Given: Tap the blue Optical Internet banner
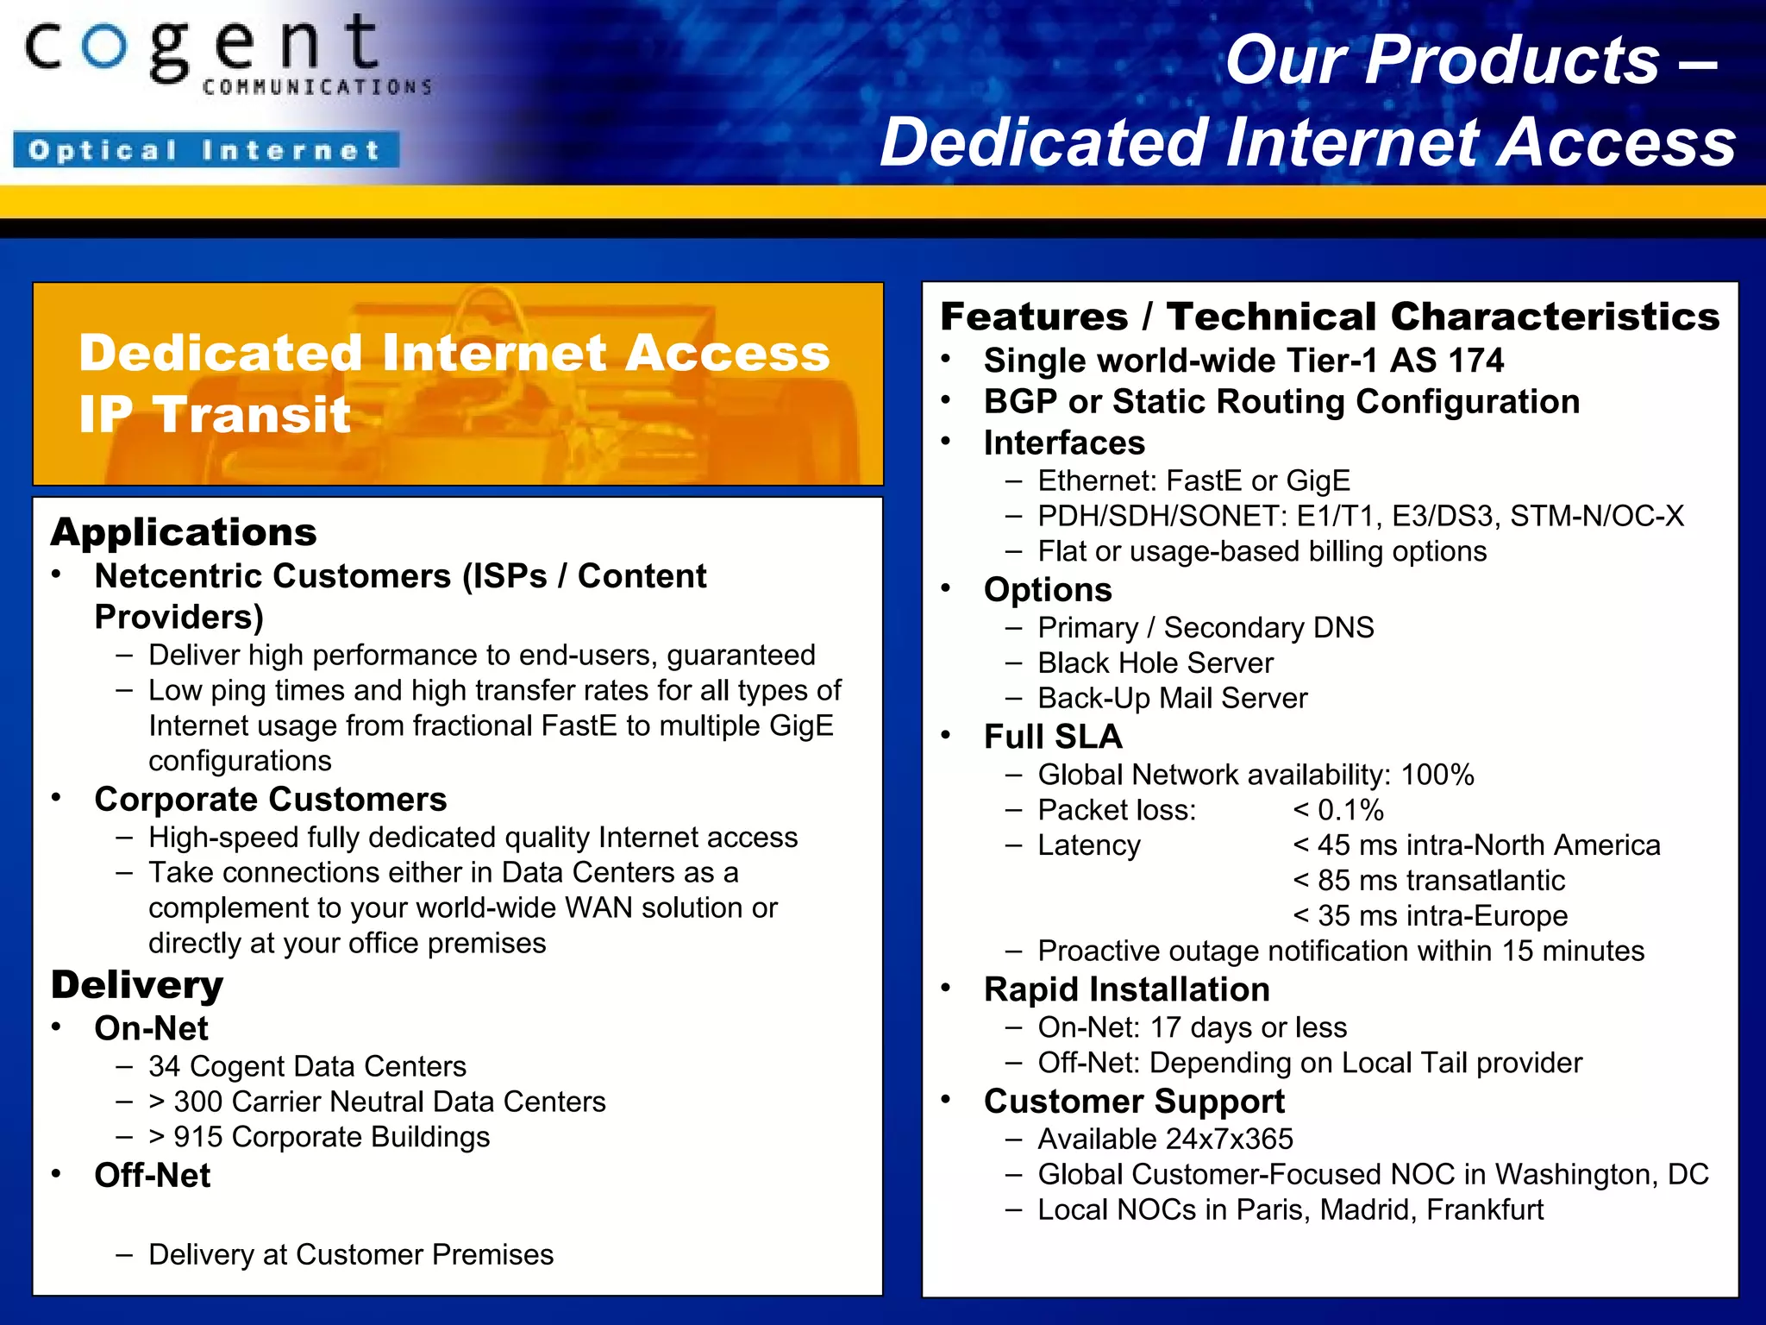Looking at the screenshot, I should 205,150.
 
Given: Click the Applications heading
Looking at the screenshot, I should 184,532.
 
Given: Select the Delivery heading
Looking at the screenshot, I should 137,985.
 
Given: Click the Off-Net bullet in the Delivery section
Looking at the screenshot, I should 153,1176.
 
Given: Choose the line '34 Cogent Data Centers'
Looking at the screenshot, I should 307,1067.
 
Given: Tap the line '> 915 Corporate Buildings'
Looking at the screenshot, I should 319,1138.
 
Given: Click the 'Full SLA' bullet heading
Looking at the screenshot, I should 1053,738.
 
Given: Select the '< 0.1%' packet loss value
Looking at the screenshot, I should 1338,811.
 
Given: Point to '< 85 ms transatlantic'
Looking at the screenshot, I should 1429,881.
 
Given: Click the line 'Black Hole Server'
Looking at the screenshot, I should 1155,663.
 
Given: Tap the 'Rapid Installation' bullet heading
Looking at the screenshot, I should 1126,989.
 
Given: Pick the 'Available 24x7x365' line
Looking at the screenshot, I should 1165,1140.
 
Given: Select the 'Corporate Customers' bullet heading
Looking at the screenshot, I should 271,800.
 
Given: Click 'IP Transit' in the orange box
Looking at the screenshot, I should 215,415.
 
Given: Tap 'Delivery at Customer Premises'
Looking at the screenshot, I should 351,1255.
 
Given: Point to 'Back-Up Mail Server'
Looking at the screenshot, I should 1173,699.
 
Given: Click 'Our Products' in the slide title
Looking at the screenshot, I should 1442,60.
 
